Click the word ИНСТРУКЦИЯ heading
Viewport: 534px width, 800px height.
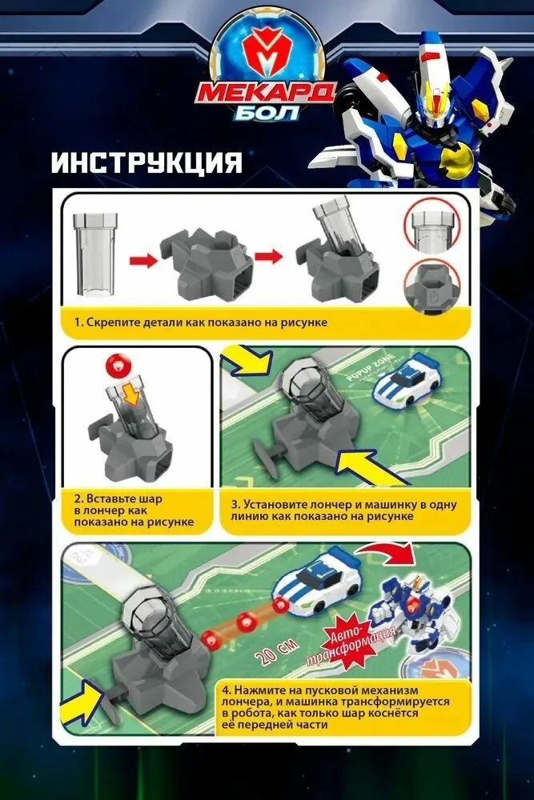click(x=147, y=162)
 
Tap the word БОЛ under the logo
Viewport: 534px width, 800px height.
click(x=267, y=112)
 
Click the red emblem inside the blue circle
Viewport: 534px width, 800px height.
click(x=267, y=53)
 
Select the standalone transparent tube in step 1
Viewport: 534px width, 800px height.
click(x=94, y=255)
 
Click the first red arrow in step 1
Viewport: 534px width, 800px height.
click(x=144, y=260)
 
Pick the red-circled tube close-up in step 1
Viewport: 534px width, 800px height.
click(x=432, y=226)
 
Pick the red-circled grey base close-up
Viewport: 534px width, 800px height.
click(x=432, y=286)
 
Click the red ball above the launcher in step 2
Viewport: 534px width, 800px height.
click(x=118, y=366)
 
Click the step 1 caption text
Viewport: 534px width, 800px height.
click(x=201, y=322)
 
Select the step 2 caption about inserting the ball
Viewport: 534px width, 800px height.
click(x=134, y=510)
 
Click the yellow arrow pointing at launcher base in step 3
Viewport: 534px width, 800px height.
click(x=371, y=466)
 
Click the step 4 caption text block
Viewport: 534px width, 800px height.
click(x=335, y=707)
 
